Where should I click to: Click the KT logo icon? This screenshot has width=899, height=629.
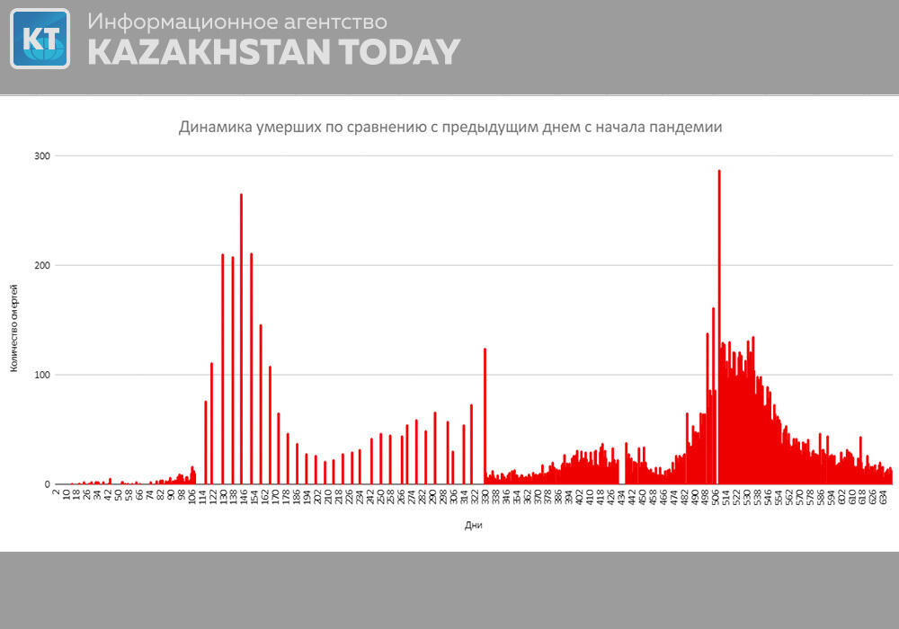(40, 39)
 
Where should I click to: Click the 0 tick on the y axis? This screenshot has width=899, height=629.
(45, 484)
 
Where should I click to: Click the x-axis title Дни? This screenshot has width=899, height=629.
(473, 526)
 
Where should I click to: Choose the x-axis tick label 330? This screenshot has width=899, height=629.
(485, 496)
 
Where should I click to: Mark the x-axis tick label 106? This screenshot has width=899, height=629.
(192, 496)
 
